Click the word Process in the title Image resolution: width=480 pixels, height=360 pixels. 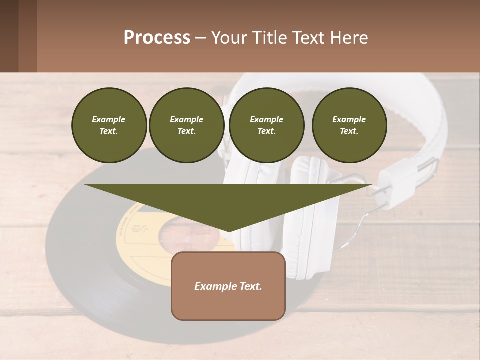click(157, 38)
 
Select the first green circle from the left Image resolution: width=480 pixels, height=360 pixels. click(109, 125)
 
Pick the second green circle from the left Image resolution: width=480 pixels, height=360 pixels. click(186, 125)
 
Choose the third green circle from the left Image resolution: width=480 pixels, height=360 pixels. click(266, 125)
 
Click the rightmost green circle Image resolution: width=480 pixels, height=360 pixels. click(349, 125)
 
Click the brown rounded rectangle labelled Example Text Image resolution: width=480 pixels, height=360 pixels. click(228, 286)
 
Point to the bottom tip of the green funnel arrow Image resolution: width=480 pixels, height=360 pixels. click(229, 230)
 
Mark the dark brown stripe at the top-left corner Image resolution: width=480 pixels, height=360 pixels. click(9, 36)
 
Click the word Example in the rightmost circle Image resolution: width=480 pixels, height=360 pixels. click(349, 119)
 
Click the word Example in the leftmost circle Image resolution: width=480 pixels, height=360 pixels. click(109, 119)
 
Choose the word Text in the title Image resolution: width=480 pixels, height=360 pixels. click(307, 38)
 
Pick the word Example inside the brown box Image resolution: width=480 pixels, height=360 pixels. click(215, 286)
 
